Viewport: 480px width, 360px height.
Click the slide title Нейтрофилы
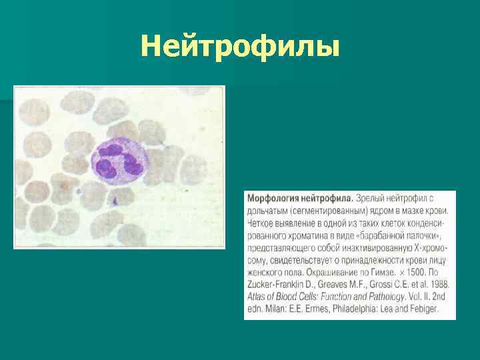pyautogui.click(x=240, y=47)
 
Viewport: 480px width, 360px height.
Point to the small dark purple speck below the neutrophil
pyautogui.click(x=114, y=199)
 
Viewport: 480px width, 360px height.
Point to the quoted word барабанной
pyautogui.click(x=379, y=235)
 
